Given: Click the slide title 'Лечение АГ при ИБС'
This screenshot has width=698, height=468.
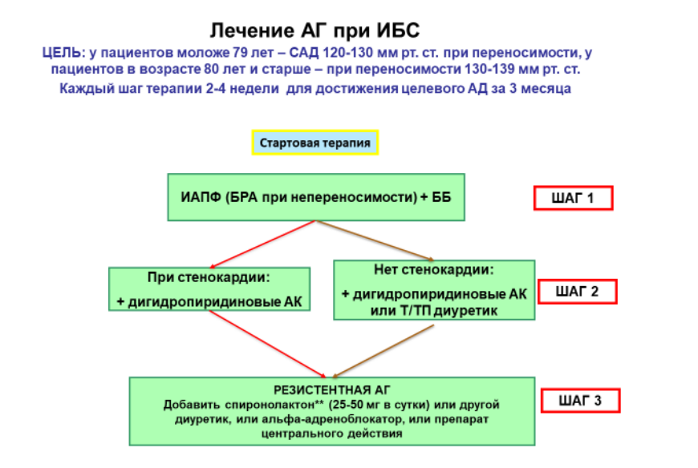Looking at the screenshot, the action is (315, 30).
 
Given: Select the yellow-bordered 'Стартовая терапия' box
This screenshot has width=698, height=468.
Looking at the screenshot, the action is (315, 143).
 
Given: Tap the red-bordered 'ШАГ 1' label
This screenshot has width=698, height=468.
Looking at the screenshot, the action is (574, 198).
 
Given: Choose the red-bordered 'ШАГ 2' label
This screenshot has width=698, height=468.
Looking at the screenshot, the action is (578, 292).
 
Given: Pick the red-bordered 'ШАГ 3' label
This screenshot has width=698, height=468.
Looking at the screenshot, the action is (581, 401).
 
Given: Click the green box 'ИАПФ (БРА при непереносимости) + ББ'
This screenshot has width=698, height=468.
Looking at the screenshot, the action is (316, 197).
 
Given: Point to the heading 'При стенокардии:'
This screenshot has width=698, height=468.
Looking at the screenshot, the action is (209, 277).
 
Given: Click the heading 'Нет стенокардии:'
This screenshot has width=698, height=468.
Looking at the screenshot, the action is (434, 269).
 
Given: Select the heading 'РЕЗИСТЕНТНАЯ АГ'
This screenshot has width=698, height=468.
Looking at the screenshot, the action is (331, 389).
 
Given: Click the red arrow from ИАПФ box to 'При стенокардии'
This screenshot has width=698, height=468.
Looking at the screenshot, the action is (262, 244).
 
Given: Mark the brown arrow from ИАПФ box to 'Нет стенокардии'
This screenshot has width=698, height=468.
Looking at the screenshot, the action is (375, 240).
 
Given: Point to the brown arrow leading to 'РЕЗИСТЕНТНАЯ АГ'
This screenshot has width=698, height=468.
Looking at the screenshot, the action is (383, 351).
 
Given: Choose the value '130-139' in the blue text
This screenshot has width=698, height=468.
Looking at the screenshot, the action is (489, 70).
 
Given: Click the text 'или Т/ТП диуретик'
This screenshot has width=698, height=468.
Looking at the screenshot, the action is (433, 311).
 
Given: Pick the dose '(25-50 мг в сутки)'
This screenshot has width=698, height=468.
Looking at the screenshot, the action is (379, 405).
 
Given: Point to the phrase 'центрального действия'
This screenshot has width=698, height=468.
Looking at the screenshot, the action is (331, 434).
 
